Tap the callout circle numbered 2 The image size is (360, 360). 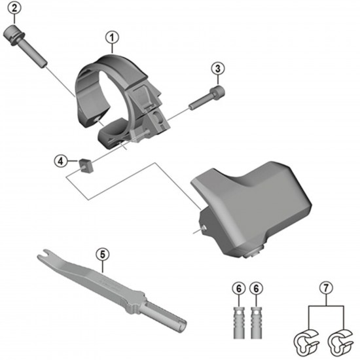click(x=15, y=10)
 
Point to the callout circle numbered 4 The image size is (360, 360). click(x=60, y=160)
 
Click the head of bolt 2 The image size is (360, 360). click(x=14, y=31)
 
